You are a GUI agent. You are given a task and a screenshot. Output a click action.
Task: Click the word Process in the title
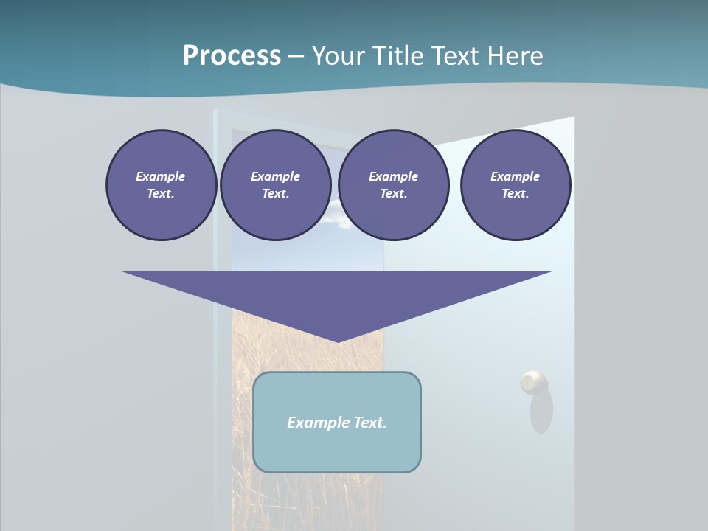(232, 56)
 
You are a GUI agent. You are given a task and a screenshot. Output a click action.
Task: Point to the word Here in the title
(514, 56)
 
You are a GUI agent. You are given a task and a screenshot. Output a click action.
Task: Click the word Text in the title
(457, 56)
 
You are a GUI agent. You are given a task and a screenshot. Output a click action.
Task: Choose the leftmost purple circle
(161, 184)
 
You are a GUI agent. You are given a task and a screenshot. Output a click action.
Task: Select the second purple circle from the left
(275, 184)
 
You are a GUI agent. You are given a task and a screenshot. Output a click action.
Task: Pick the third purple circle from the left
(393, 184)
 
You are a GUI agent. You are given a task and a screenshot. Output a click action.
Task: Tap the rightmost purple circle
(516, 184)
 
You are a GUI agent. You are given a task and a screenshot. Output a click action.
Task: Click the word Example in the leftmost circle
(161, 176)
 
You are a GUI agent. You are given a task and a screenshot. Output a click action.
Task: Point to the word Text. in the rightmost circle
(516, 194)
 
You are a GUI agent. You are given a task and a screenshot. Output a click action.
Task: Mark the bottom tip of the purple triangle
(337, 340)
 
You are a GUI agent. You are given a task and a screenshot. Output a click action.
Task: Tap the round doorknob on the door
(533, 382)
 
